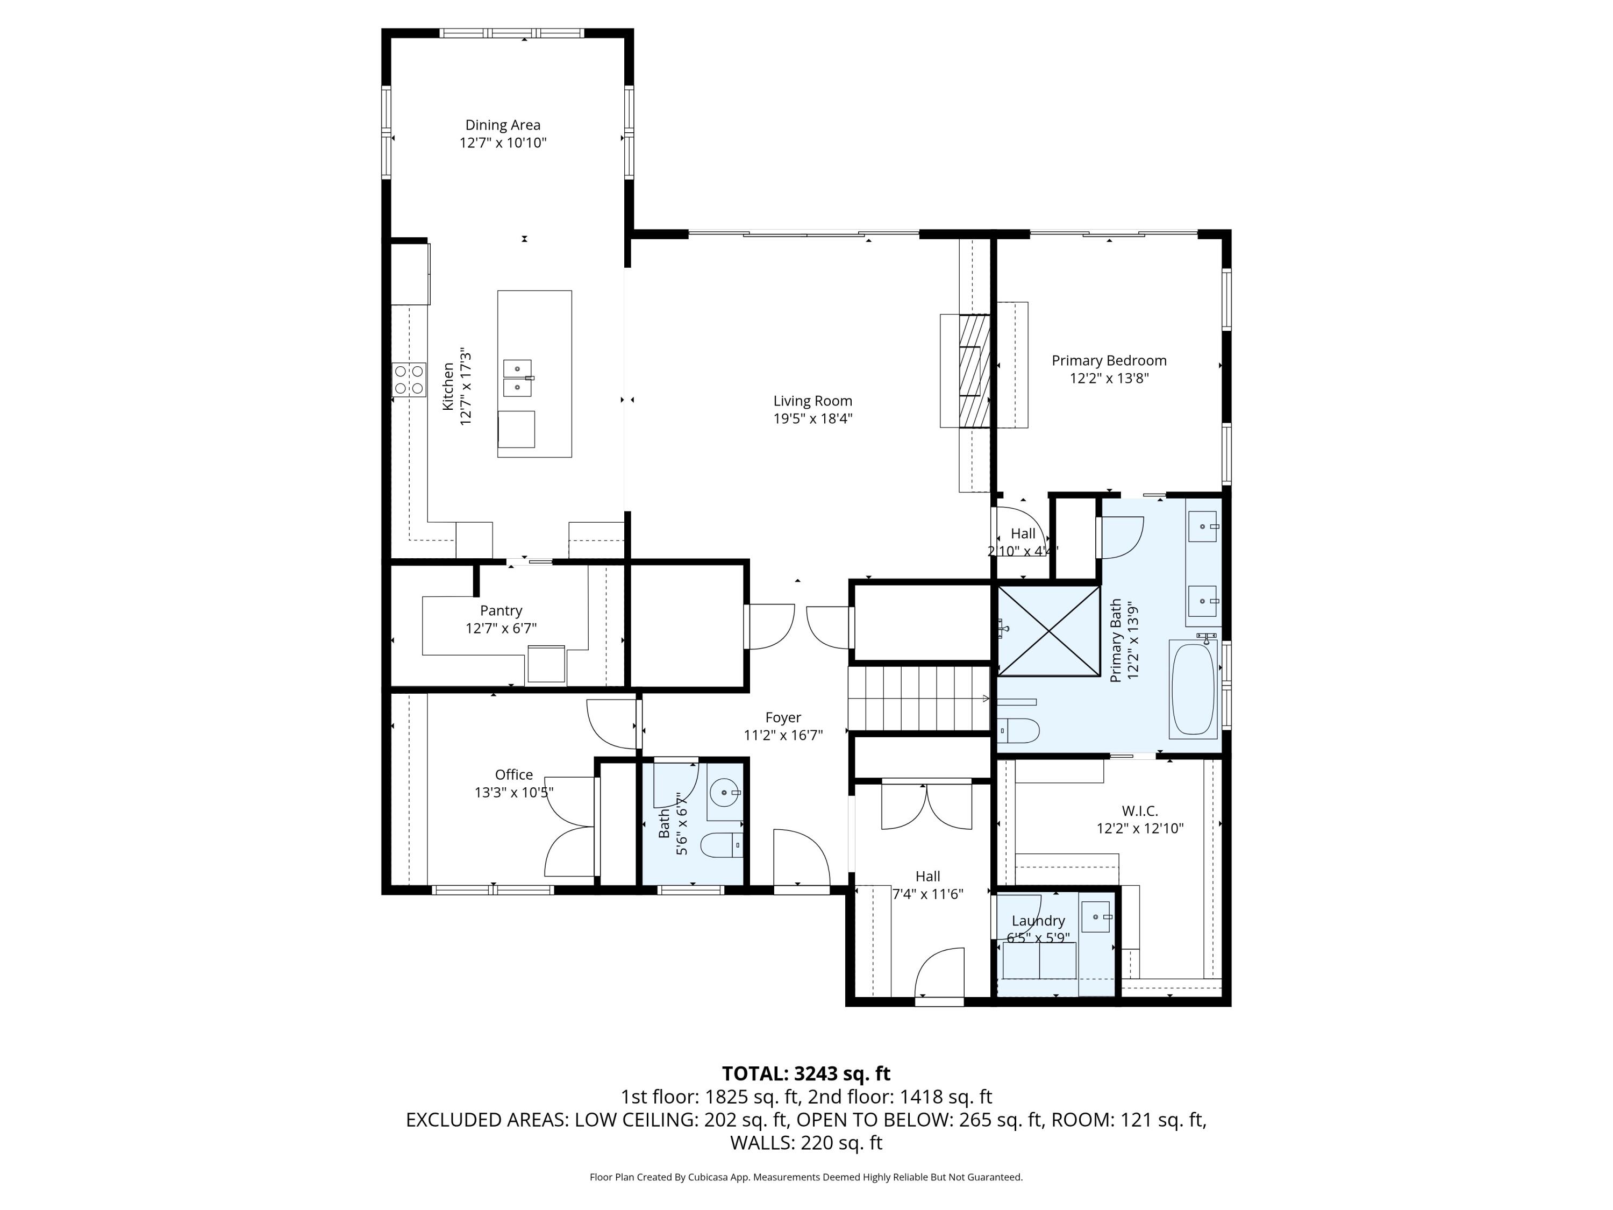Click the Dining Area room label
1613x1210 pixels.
coord(502,125)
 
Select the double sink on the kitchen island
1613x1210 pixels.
coord(518,378)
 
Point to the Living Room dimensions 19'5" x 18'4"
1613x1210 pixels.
coord(812,418)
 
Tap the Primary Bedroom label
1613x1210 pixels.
coord(1108,360)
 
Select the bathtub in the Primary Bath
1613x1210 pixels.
coord(1193,688)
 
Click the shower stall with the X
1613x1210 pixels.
coord(1048,631)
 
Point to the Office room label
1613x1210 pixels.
coord(513,774)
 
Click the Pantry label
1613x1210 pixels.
coord(501,610)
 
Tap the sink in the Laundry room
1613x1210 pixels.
coord(1096,917)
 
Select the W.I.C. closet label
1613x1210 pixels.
coord(1139,810)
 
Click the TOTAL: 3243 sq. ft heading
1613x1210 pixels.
coord(806,1073)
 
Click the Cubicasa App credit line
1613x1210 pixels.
coord(806,1177)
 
